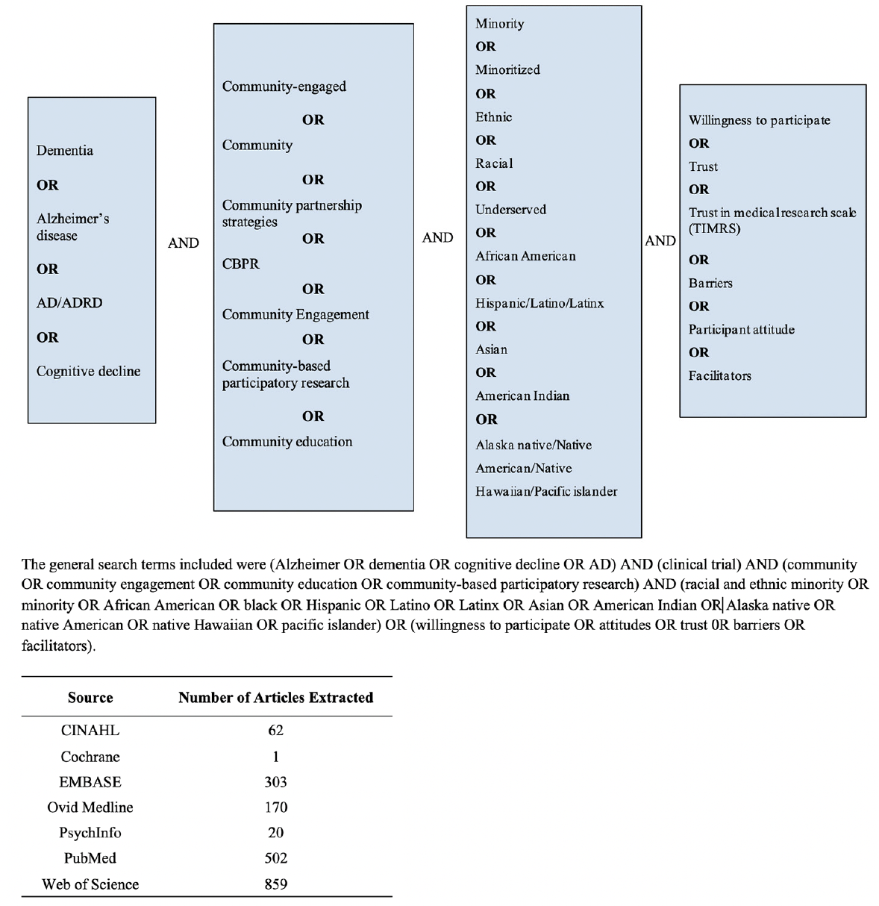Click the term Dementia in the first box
pos(65,151)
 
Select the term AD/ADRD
pos(69,303)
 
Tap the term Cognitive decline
pos(88,372)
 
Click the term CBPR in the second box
pos(240,264)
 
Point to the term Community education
pos(287,442)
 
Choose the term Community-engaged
pos(284,87)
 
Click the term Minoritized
pos(507,70)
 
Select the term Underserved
pos(510,210)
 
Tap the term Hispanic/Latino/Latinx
pos(539,304)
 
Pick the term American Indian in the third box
pos(522,396)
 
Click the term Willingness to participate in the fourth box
pos(759,121)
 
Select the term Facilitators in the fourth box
pos(719,376)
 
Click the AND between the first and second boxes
pos(184,243)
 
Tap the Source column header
pos(90,698)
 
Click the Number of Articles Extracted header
pos(275,698)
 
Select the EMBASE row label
pos(90,782)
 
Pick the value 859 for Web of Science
pos(275,884)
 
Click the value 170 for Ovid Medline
pos(275,807)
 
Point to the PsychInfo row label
pos(90,833)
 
